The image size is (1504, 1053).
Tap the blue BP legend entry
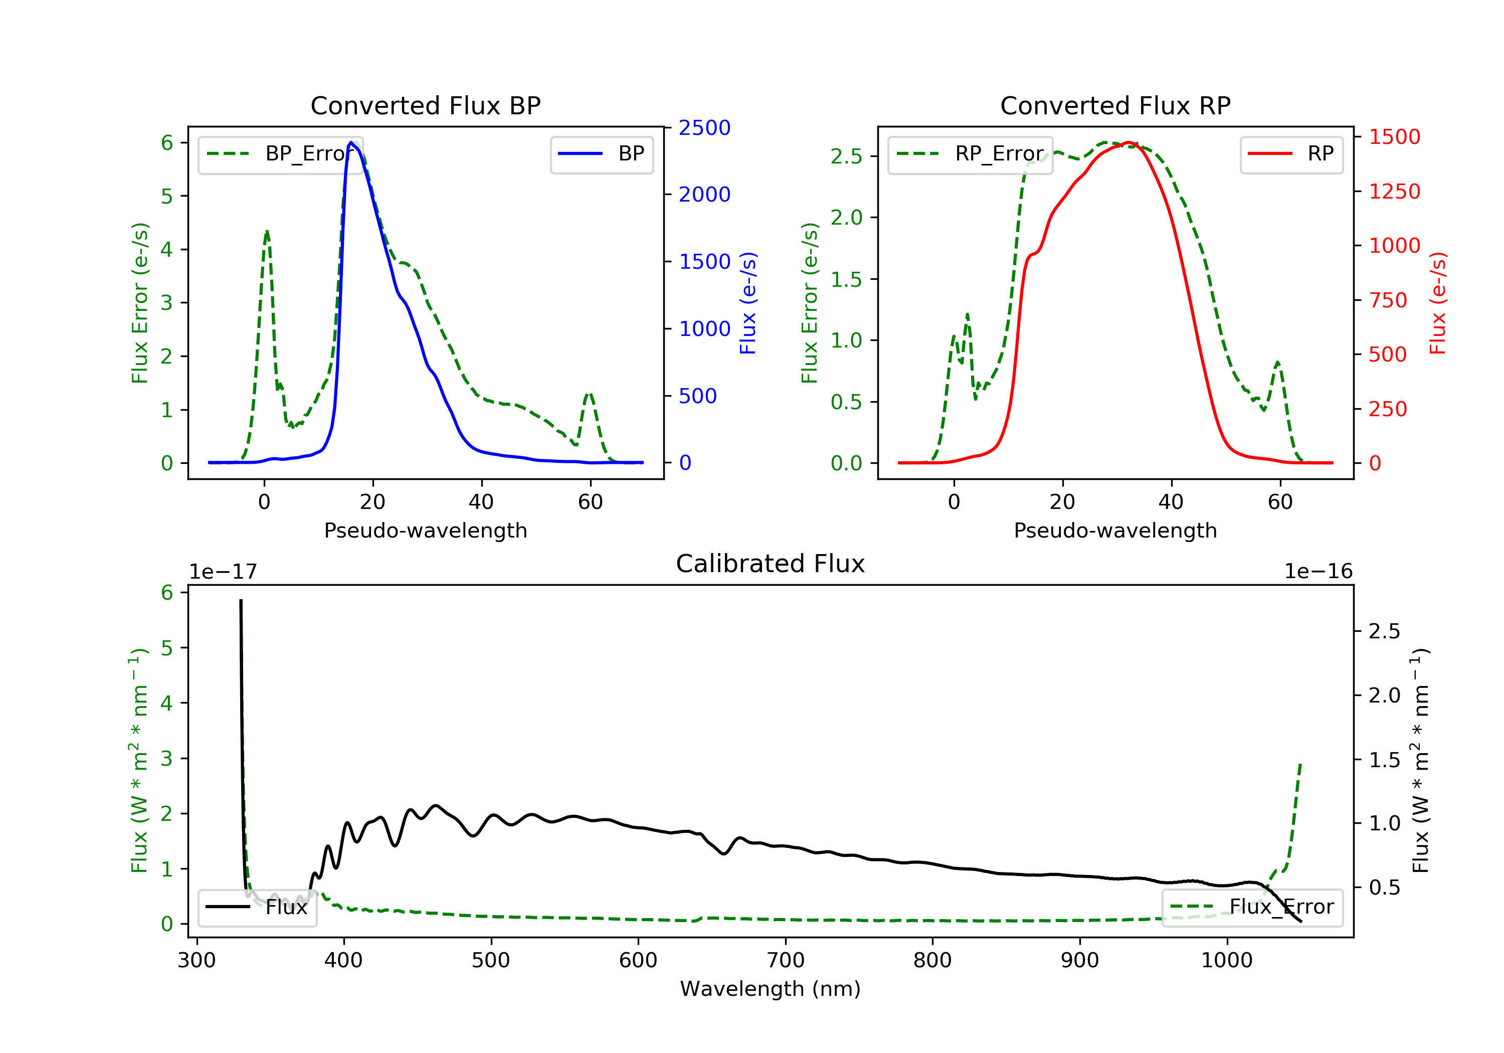click(x=601, y=154)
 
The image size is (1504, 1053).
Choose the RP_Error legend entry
click(x=970, y=154)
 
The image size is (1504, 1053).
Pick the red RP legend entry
click(x=1291, y=154)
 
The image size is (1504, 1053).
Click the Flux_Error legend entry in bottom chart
click(x=1252, y=907)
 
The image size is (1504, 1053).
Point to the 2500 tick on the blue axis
click(x=704, y=128)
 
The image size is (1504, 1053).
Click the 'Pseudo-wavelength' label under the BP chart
click(x=425, y=531)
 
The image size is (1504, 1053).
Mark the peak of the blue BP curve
click(x=351, y=142)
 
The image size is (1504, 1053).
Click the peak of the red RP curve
click(x=1128, y=142)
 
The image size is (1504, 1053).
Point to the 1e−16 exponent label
click(x=1318, y=572)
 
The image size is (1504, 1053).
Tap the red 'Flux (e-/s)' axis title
click(x=1437, y=303)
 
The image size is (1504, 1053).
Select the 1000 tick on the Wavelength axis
click(x=1226, y=961)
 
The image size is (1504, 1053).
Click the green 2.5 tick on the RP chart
click(x=846, y=156)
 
